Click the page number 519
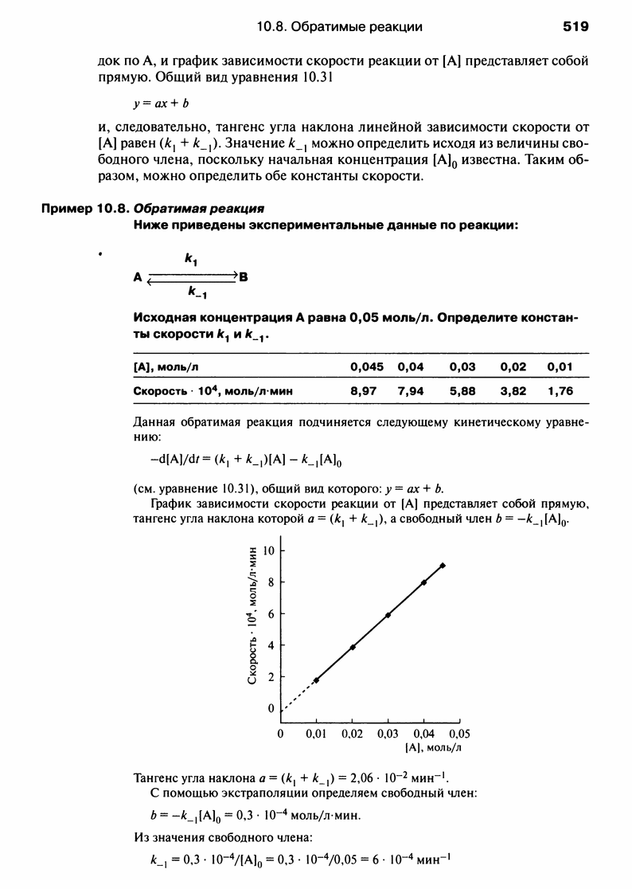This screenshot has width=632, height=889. (575, 27)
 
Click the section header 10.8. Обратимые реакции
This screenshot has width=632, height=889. (340, 27)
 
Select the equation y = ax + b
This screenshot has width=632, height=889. (162, 104)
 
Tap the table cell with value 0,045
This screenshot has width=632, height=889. (367, 366)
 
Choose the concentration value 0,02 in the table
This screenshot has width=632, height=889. (514, 366)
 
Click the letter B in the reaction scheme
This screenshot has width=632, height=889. (244, 277)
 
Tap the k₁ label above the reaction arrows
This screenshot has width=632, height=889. (192, 259)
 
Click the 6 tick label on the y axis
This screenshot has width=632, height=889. (271, 614)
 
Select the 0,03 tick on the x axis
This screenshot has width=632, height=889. (388, 734)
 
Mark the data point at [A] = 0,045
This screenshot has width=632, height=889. (442, 566)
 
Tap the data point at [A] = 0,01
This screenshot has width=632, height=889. (316, 680)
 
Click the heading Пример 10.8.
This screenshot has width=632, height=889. (84, 209)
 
